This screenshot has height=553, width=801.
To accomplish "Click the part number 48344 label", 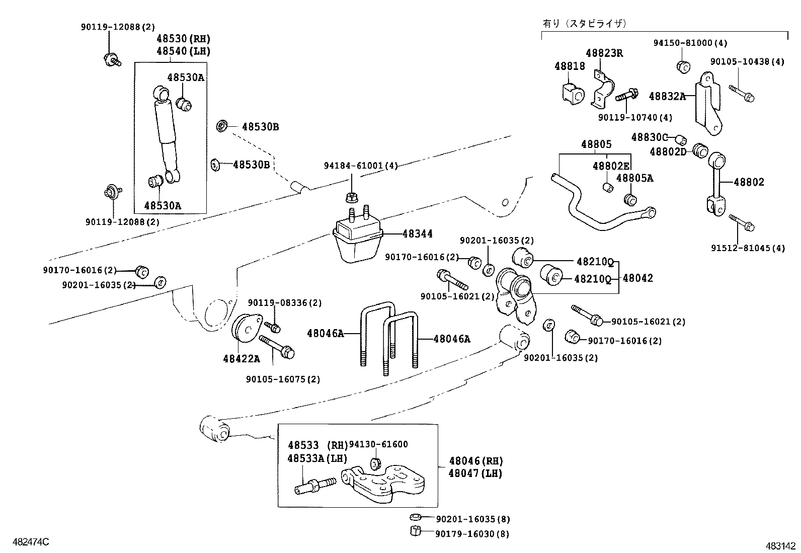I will [x=417, y=234].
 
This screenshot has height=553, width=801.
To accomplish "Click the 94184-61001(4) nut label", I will [x=361, y=166].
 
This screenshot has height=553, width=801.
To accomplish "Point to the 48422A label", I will [x=242, y=359].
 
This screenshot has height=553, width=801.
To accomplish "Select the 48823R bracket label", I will [x=604, y=53].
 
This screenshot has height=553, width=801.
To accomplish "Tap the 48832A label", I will [x=667, y=96].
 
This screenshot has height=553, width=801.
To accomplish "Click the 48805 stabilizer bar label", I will [x=596, y=144].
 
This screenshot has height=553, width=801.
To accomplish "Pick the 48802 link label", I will [x=749, y=182].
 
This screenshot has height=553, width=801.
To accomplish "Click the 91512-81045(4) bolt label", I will [x=748, y=249].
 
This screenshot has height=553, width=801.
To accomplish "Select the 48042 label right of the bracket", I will [x=637, y=278].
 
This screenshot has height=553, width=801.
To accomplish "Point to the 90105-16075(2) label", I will [x=283, y=379].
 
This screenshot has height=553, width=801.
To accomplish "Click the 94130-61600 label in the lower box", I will [x=378, y=444].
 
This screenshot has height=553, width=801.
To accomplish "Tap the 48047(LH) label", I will [x=475, y=473].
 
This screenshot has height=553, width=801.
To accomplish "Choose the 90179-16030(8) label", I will [x=472, y=534].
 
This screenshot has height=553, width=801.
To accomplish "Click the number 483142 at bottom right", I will [x=781, y=545].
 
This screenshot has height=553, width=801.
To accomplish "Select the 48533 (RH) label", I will [x=317, y=445].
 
